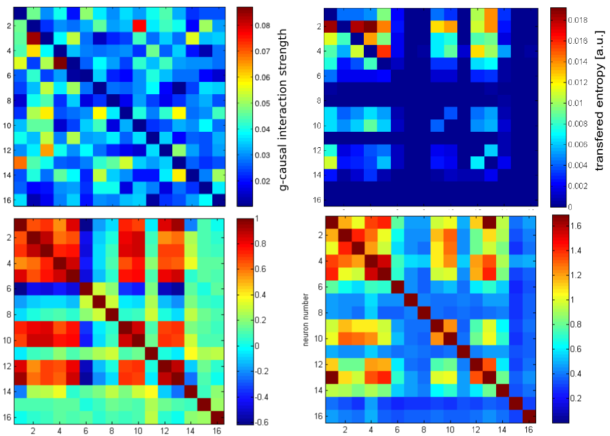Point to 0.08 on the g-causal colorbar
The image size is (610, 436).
point(263,26)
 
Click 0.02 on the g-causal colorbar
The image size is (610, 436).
point(263,181)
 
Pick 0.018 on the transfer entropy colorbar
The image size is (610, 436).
point(583,20)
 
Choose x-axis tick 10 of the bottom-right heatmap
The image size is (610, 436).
point(450,431)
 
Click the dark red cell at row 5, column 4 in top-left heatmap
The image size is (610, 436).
point(60,62)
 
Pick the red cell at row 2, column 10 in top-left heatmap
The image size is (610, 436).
point(139,25)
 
